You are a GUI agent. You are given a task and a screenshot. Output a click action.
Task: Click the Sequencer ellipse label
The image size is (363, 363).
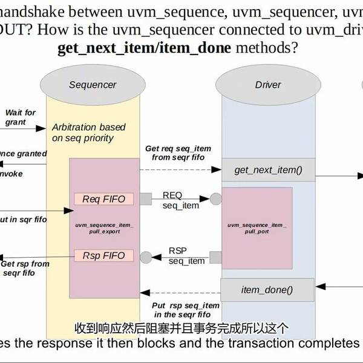click(x=93, y=85)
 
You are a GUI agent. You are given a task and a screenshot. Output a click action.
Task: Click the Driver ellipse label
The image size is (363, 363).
click(x=267, y=85)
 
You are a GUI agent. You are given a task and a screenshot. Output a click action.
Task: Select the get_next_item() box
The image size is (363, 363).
click(x=267, y=170)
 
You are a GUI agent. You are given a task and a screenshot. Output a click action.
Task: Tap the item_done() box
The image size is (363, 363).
click(x=267, y=290)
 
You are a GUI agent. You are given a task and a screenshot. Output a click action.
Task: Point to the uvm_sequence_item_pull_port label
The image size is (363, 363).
click(x=257, y=228)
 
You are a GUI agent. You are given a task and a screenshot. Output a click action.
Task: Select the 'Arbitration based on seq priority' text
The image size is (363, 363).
click(x=88, y=132)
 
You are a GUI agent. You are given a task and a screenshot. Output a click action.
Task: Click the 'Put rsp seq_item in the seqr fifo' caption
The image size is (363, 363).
click(x=186, y=310)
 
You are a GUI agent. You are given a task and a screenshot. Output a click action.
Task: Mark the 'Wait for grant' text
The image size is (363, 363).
click(x=20, y=117)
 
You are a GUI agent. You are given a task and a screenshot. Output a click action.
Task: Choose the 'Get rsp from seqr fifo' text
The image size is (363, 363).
click(x=25, y=268)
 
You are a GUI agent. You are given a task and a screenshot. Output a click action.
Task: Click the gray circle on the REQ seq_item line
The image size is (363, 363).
click(x=215, y=198)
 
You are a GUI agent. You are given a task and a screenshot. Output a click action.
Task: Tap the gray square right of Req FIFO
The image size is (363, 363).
click(x=145, y=198)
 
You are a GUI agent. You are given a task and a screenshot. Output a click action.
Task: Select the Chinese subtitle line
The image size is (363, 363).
click(x=181, y=329)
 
